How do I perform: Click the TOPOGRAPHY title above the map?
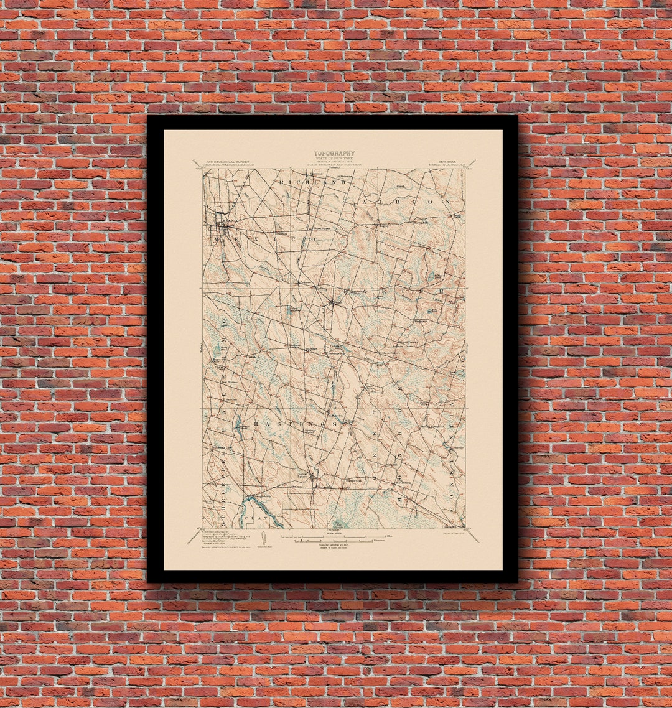tap(334, 153)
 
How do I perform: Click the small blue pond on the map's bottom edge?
tap(338, 524)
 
